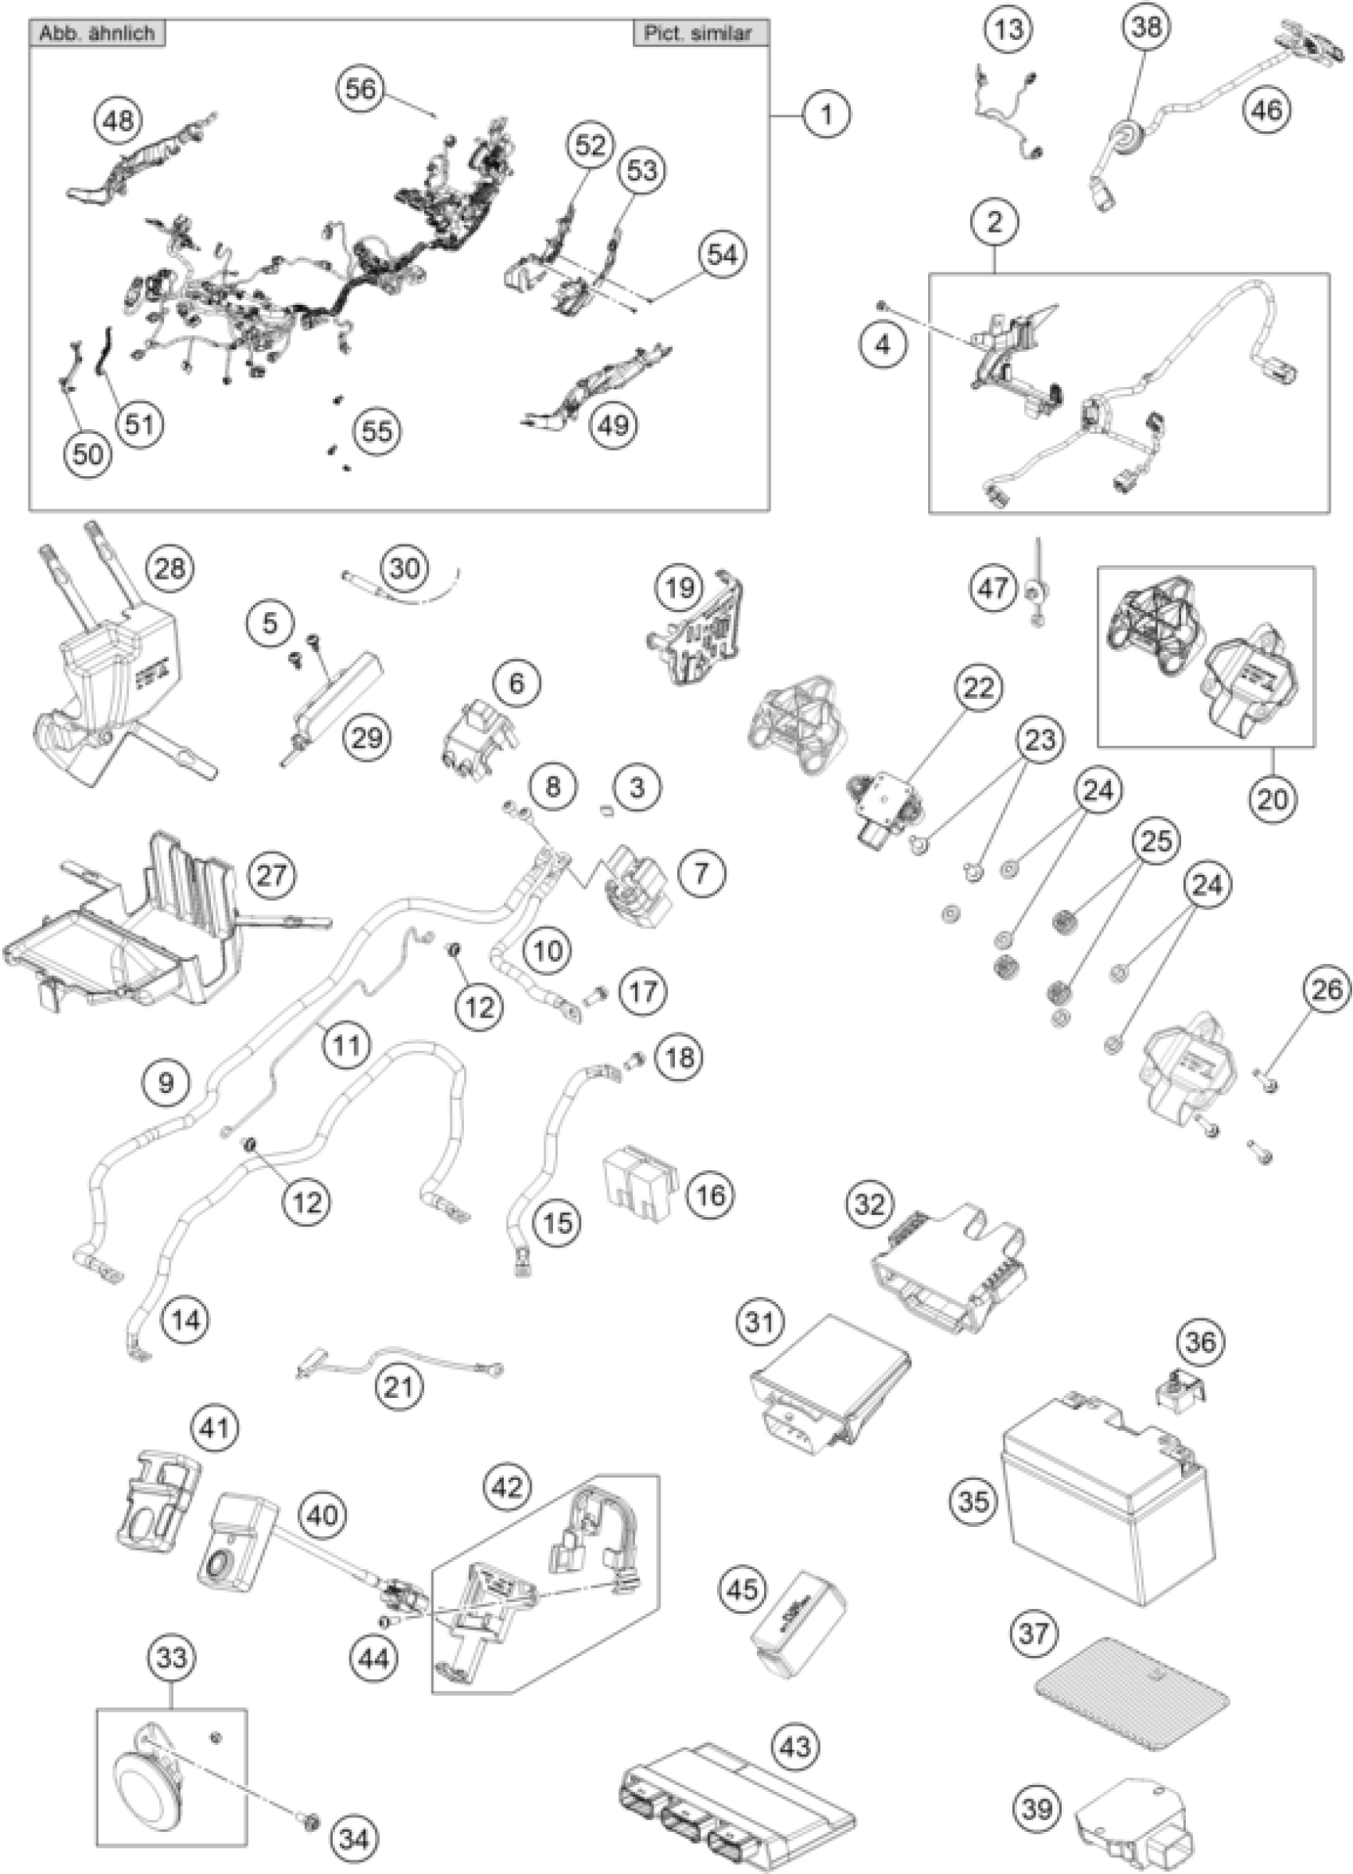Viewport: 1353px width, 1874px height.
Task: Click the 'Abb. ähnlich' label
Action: point(97,33)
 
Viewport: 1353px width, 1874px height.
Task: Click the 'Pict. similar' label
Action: point(699,33)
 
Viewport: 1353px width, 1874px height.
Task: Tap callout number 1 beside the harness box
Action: point(825,114)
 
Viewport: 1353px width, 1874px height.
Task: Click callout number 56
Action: point(361,88)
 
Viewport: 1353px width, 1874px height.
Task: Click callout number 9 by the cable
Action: point(166,1083)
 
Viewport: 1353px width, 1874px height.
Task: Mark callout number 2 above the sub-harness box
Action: point(994,221)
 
